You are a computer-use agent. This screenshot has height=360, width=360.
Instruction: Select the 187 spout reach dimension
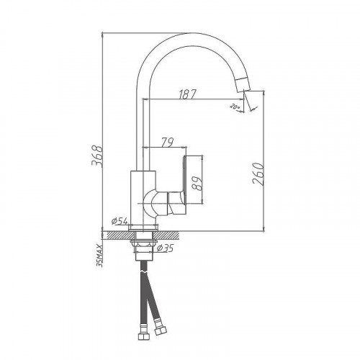coord(188,94)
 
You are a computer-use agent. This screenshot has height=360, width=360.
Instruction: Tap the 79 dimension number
coord(167,142)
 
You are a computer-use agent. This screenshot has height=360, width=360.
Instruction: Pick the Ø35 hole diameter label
coord(163,249)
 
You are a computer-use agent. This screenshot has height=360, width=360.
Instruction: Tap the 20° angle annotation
coord(233,107)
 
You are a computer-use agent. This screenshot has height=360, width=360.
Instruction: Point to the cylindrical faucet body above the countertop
coord(141,198)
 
